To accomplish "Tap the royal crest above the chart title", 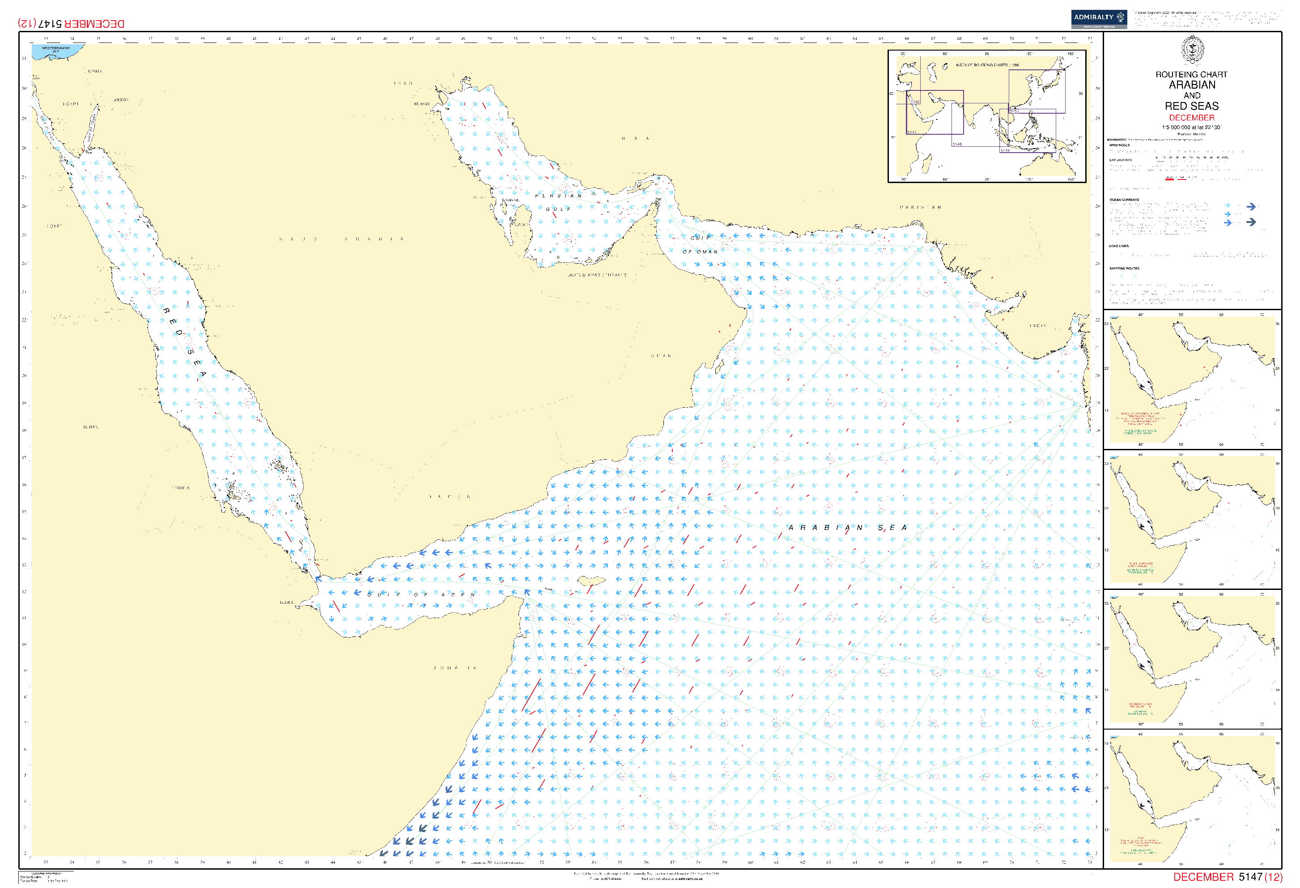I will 1192,51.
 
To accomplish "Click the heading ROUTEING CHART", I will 1191,74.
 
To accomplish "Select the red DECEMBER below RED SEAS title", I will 1191,118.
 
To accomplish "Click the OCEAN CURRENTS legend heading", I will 1124,200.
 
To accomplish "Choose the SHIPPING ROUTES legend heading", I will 1124,269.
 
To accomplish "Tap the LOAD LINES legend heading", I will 1119,246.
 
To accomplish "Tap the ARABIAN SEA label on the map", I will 847,528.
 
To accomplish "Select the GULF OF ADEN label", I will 421,594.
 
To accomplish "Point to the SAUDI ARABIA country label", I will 341,239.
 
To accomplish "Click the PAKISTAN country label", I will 920,207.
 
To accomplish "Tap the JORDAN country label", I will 120,100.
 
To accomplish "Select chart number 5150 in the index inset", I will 1014,111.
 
